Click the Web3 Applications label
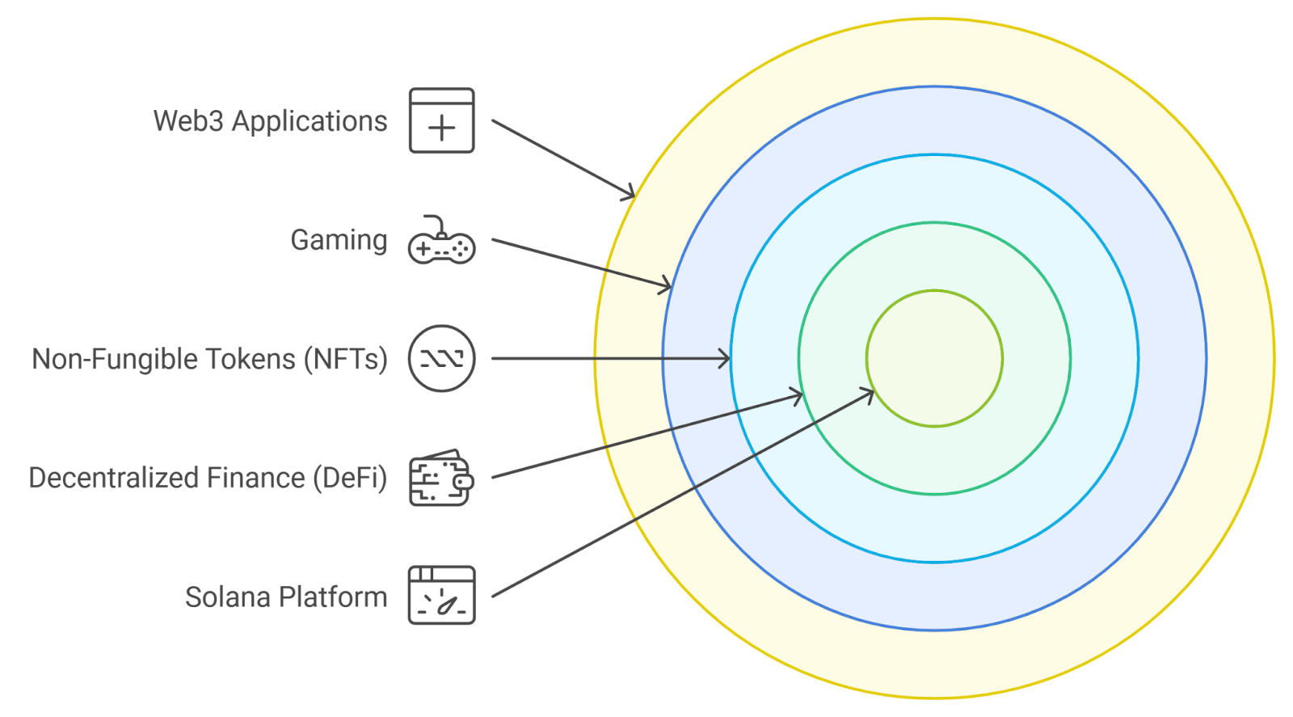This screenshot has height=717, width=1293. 270,121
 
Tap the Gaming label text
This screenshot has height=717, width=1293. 339,240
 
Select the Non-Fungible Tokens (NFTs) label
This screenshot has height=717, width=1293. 209,359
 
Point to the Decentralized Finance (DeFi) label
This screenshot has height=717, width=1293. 208,478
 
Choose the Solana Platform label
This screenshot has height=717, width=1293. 286,597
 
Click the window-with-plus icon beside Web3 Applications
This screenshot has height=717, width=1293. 441,120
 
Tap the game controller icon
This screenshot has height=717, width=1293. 441,241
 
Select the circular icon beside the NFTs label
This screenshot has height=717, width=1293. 441,358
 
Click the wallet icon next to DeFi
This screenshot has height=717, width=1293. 441,478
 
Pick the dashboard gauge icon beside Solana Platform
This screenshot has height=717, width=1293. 441,596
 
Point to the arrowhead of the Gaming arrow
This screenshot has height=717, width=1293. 666,285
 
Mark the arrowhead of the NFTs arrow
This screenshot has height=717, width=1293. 725,358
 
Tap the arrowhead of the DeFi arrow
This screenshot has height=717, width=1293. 797,396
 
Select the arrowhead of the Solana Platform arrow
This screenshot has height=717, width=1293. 869,394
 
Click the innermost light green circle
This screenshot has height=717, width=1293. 934,358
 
